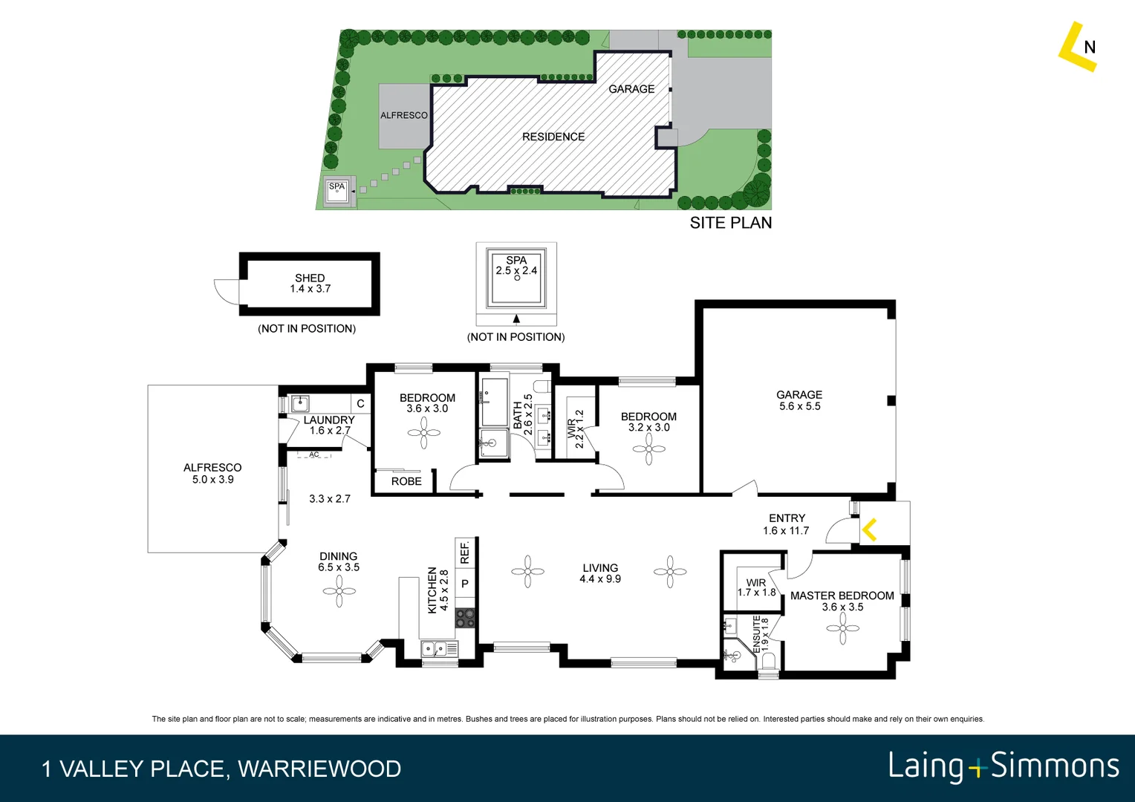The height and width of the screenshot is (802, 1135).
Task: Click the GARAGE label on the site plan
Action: tap(631, 89)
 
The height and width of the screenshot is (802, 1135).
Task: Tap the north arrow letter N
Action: tap(1090, 48)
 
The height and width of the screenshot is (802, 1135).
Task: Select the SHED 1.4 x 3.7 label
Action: tap(310, 283)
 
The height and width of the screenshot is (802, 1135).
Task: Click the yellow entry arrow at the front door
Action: tap(870, 530)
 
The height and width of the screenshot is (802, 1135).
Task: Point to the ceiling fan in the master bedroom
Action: tap(842, 629)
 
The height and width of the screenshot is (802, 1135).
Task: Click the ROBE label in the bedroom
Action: tap(406, 481)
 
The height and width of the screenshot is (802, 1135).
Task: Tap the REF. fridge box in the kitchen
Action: tap(465, 552)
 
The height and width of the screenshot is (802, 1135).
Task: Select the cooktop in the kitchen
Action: tap(465, 618)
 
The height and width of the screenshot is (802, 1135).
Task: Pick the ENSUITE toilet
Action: tap(768, 661)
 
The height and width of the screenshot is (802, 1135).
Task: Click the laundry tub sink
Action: tap(300, 404)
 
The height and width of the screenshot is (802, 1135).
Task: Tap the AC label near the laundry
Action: tap(314, 454)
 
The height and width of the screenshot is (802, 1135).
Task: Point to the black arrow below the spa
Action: tap(516, 319)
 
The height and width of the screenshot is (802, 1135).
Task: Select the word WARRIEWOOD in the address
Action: tap(319, 769)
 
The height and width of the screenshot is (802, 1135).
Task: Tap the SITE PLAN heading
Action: tap(731, 223)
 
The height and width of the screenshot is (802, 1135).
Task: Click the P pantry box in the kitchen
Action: tap(465, 584)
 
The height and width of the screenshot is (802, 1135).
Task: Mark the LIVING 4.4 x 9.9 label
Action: tap(600, 573)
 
